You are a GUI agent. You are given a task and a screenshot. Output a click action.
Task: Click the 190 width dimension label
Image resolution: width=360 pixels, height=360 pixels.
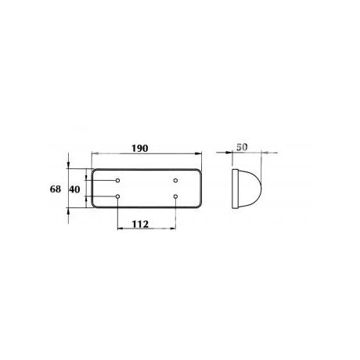point(140,148)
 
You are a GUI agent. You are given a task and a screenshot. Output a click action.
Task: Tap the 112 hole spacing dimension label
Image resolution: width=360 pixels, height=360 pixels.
point(140,224)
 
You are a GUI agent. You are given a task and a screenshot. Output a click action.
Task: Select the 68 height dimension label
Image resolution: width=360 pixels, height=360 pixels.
point(56,189)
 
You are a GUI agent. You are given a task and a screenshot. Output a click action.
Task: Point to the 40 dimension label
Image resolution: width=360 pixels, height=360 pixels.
point(74,189)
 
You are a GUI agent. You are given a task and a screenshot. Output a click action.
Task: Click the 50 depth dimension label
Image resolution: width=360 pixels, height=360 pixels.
point(242,147)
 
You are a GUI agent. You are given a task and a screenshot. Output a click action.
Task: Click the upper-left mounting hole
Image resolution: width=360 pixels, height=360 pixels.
point(117,180)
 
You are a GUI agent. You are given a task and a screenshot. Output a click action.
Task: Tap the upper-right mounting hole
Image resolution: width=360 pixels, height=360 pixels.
point(175,180)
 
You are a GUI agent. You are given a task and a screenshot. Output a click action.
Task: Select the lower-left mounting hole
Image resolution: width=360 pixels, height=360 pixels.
point(117,196)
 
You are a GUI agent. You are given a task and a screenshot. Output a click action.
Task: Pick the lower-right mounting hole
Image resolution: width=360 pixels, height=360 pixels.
point(175,196)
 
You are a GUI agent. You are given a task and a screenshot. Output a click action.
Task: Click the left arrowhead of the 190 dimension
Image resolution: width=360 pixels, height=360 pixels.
point(95,153)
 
